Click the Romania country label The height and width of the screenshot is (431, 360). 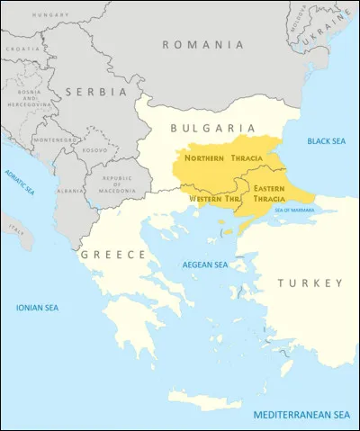(x=202, y=44)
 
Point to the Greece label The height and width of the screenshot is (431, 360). (x=113, y=256)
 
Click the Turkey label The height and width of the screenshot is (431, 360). (x=310, y=283)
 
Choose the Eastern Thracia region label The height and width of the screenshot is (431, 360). (x=270, y=193)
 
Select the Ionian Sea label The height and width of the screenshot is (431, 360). (x=37, y=308)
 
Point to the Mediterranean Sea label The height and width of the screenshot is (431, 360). (x=301, y=415)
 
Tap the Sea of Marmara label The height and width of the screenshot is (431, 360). (x=292, y=210)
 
